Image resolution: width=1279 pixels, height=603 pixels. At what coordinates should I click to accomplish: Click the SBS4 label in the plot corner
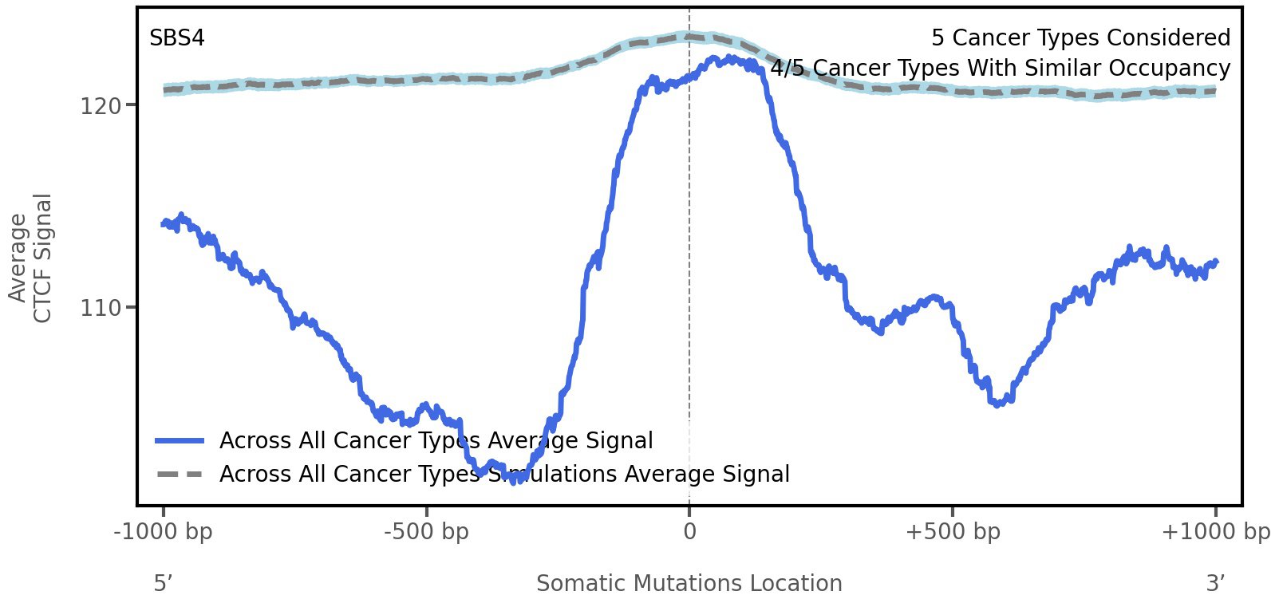177,38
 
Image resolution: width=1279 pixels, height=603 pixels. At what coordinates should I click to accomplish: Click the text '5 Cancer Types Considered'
1080,38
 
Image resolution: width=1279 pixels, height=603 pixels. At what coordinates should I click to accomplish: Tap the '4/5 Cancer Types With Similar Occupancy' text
1000,69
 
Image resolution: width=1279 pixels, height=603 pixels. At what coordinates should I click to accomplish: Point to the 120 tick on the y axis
99,106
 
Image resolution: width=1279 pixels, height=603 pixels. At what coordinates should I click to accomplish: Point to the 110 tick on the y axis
99,308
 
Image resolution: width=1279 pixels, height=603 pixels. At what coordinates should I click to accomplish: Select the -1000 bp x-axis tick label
164,532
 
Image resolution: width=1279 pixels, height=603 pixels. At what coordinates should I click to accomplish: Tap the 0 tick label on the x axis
689,532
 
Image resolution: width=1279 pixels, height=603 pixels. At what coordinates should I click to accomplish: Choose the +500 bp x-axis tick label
953,532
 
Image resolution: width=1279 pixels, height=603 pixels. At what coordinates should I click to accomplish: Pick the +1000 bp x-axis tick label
1215,532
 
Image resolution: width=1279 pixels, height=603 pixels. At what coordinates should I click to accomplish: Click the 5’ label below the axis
163,584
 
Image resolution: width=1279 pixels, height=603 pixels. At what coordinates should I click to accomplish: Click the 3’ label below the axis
1215,584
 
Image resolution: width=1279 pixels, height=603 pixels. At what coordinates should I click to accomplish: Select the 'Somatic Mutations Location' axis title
689,584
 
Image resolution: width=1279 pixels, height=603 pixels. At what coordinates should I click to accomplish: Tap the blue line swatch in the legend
180,441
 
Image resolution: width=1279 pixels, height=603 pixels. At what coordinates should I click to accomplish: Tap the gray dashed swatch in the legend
180,475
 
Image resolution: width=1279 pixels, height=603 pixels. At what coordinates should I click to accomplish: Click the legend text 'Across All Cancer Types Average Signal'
436,441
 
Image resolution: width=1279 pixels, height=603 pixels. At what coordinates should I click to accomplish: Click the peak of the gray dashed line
686,36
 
